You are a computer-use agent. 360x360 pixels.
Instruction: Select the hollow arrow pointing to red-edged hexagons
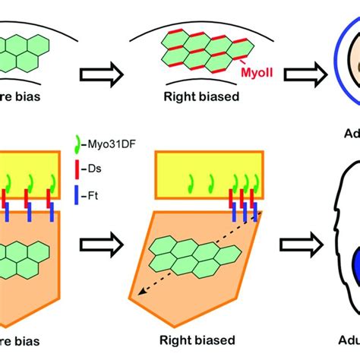pyautogui.click(x=98, y=74)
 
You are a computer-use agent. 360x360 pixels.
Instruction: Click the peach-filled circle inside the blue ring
pyautogui.click(x=352, y=71)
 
